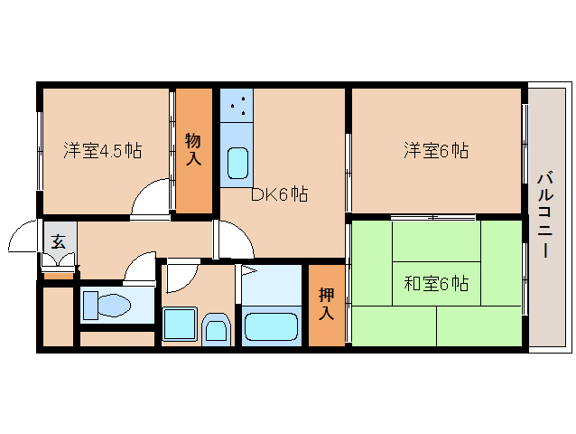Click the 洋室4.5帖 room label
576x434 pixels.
(x=103, y=150)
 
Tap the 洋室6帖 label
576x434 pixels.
(x=436, y=150)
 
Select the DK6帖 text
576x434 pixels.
(x=279, y=193)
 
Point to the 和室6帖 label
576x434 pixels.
(x=436, y=283)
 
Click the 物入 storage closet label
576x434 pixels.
(x=193, y=149)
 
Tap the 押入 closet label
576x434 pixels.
(x=327, y=304)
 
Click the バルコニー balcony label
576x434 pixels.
(x=545, y=215)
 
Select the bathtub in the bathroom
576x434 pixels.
(x=271, y=326)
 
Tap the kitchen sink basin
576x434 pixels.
(x=237, y=163)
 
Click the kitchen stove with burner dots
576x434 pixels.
(x=237, y=106)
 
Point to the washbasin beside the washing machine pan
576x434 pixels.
(x=216, y=329)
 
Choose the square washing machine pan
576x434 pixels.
(x=180, y=325)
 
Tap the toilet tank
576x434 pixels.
(x=91, y=305)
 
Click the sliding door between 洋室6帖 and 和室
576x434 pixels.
(x=433, y=218)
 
